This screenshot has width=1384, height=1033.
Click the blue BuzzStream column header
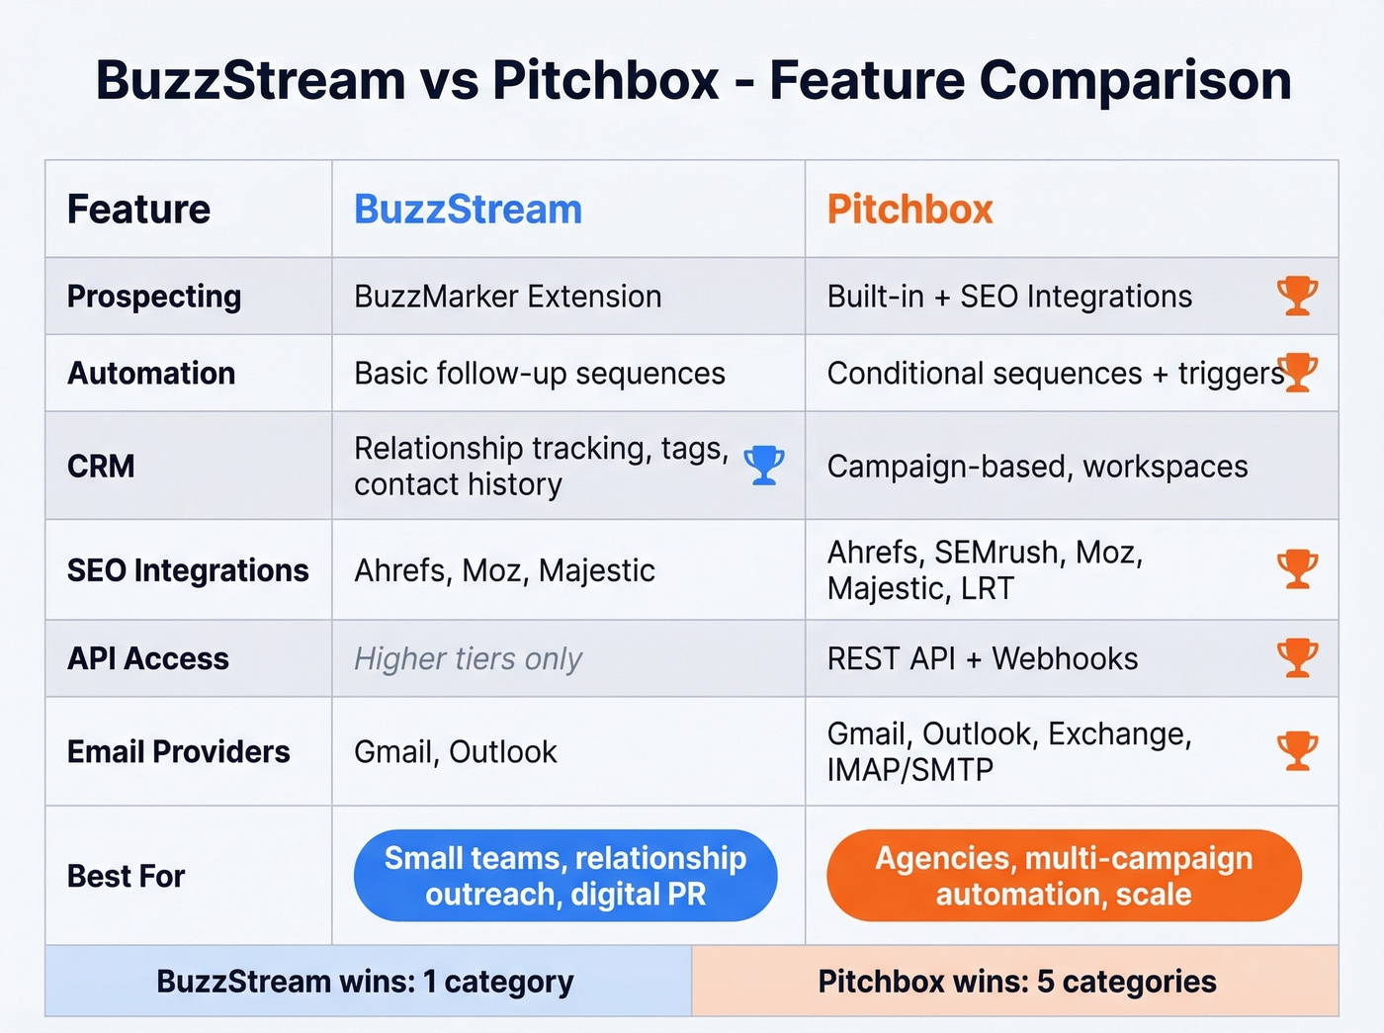(468, 210)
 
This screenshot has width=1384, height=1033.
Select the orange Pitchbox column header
(909, 210)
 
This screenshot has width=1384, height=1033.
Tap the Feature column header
(138, 210)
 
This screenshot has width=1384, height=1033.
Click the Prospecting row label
(154, 297)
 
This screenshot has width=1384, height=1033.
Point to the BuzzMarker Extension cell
(507, 297)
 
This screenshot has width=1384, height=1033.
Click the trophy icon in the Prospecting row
(1297, 296)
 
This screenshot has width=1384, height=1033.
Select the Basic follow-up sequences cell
(540, 374)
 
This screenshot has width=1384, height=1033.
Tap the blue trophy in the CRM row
(764, 465)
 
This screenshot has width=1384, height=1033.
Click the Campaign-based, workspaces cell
(1037, 467)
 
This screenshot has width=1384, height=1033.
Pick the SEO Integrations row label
(188, 570)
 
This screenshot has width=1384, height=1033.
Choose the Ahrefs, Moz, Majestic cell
(504, 570)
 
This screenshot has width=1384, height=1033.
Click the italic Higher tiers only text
(468, 658)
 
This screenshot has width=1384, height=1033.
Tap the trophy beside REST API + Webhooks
(1297, 657)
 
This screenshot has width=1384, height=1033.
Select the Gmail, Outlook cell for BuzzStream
(456, 752)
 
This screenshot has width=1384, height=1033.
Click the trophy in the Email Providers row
(1297, 750)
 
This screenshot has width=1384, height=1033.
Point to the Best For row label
(127, 876)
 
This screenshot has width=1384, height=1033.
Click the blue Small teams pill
(565, 876)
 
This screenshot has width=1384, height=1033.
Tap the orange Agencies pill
(1064, 876)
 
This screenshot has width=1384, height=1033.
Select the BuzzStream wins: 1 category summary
(365, 982)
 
